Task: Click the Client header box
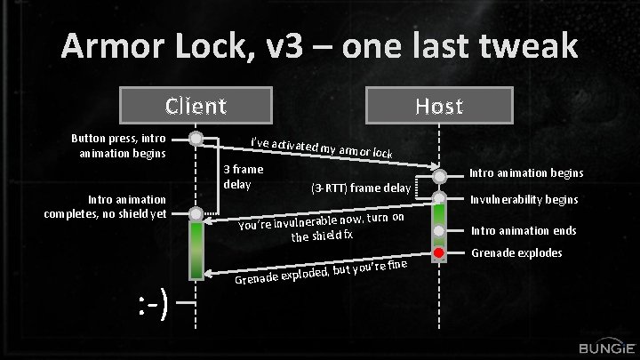pyautogui.click(x=196, y=107)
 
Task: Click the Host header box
pyautogui.click(x=439, y=107)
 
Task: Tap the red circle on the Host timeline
pyautogui.click(x=438, y=253)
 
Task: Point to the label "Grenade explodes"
pyautogui.click(x=516, y=253)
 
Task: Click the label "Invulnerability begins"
pyautogui.click(x=524, y=199)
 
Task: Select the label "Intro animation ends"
pyautogui.click(x=523, y=231)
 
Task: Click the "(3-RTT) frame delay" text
pyautogui.click(x=360, y=188)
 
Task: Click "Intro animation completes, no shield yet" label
pyautogui.click(x=105, y=206)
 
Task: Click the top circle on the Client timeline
pyautogui.click(x=196, y=138)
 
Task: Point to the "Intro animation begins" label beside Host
pyautogui.click(x=525, y=173)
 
